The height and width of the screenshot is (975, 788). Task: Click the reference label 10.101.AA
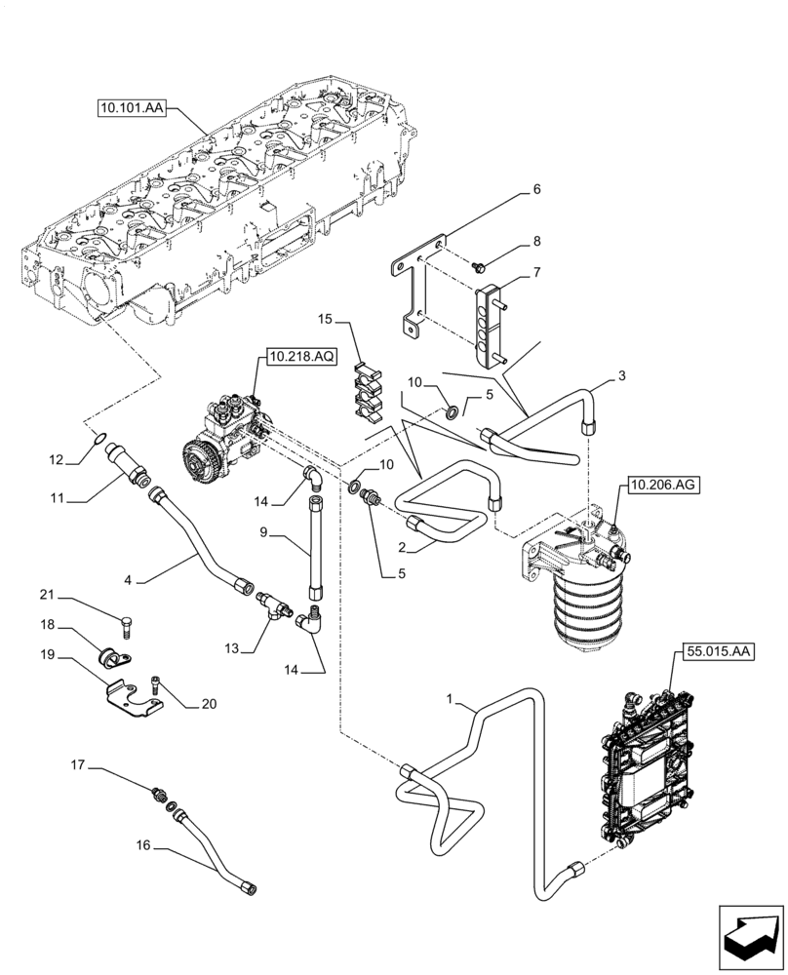click(x=133, y=107)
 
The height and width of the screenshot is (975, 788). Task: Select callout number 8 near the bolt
click(x=535, y=241)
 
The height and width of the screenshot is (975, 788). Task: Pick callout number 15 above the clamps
click(x=325, y=319)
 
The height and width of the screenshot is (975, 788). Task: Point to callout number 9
click(x=262, y=534)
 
